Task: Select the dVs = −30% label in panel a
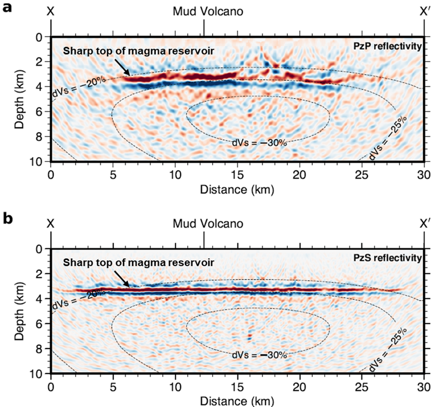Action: tap(259, 142)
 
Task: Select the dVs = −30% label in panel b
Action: tap(259, 355)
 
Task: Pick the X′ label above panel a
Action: tap(424, 11)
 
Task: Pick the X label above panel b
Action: tap(51, 223)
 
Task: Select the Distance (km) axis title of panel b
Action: tap(237, 401)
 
